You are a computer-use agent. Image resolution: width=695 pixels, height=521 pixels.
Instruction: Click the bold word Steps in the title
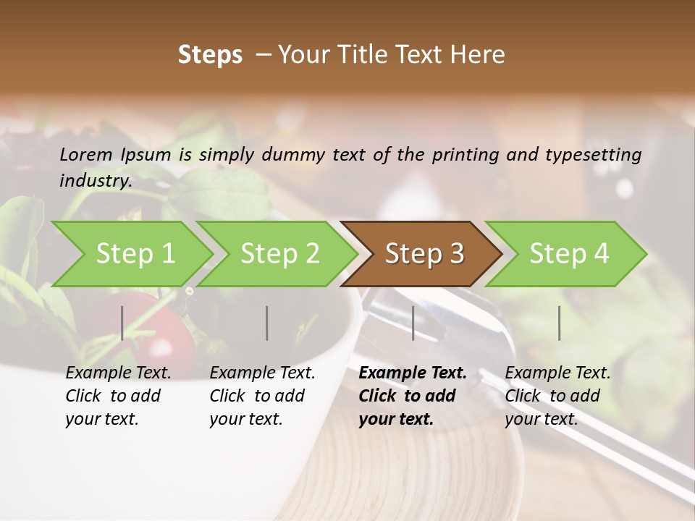210,55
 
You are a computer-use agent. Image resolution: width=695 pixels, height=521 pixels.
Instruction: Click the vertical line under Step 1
122,323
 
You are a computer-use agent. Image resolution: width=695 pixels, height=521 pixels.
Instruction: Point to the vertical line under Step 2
267,323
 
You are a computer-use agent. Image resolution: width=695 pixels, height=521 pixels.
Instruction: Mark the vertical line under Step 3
413,323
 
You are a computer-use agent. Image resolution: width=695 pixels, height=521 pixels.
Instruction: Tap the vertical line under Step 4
560,323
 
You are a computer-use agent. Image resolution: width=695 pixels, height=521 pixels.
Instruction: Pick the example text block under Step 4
557,396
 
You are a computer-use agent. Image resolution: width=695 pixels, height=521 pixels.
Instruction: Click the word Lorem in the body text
86,154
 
